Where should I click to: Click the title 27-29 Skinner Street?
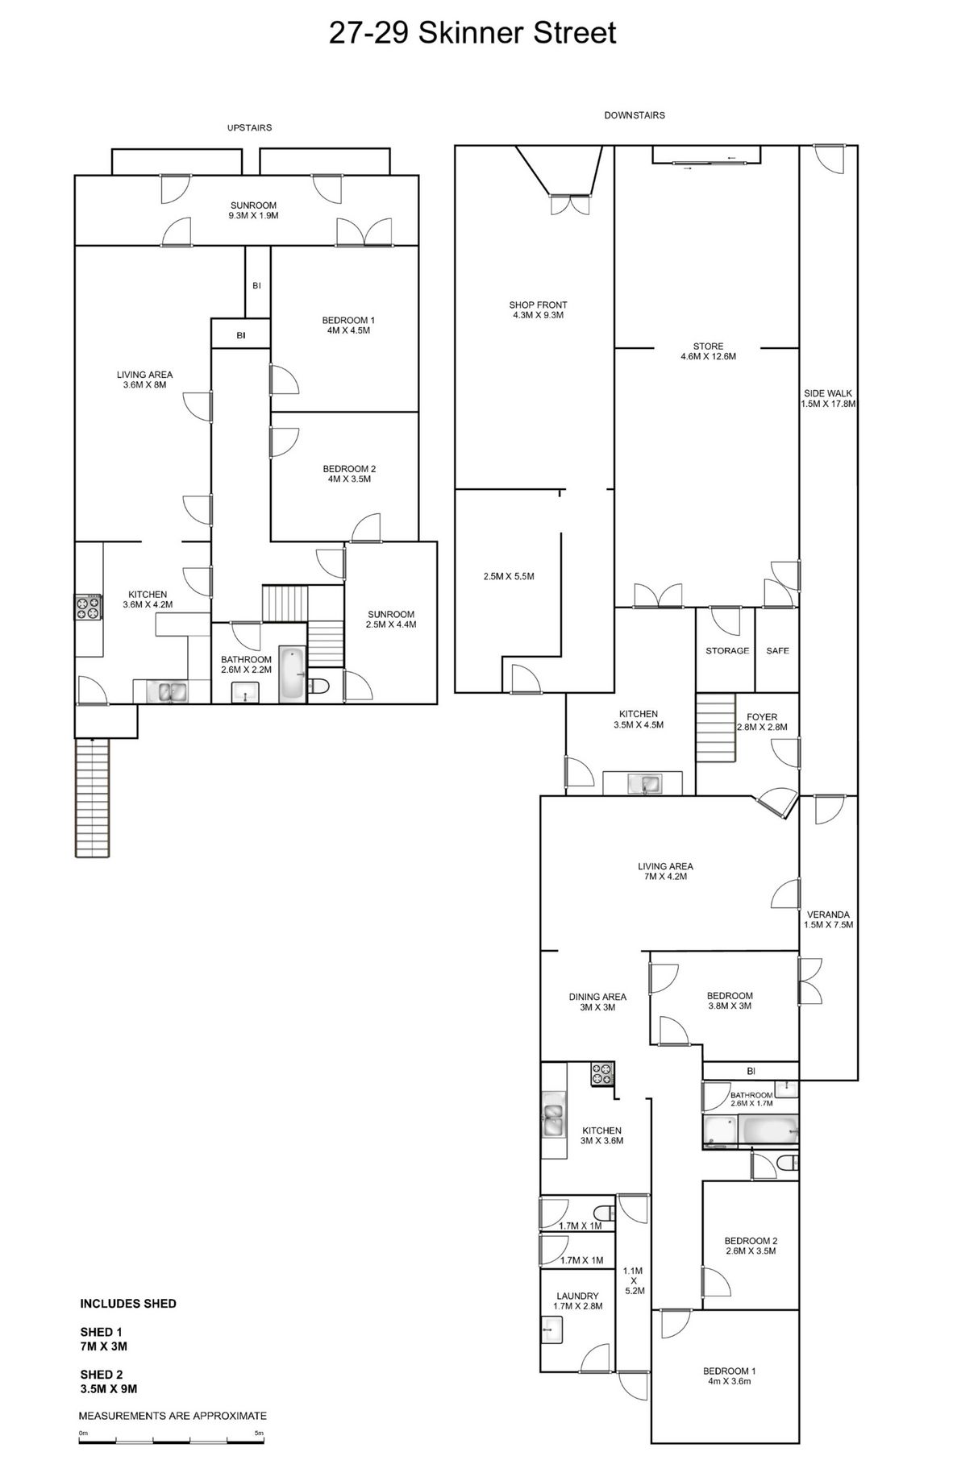pos(472,33)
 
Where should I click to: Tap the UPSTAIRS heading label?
pos(249,127)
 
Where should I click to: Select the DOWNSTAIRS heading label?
pos(635,115)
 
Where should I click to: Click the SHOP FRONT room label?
pos(538,305)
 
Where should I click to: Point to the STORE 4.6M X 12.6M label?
pos(708,351)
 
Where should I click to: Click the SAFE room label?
pos(777,650)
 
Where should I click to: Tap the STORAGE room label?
pos(727,650)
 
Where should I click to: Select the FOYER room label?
pos(762,716)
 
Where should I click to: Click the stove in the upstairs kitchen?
pos(89,608)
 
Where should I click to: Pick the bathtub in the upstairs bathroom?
pos(292,674)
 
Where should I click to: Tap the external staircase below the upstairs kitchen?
pos(92,799)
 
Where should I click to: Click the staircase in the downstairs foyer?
pos(717,727)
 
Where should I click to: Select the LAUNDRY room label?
pos(577,1296)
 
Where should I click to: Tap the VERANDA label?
pos(828,915)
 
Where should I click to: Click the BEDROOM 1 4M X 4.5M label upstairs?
pos(348,325)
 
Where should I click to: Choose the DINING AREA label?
pos(597,997)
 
